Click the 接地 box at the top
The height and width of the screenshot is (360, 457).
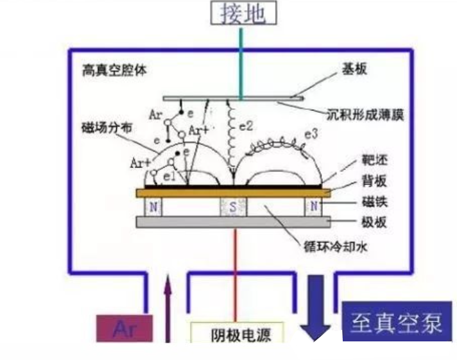243,13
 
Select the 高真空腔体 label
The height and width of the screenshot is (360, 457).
115,69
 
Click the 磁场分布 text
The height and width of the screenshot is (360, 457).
104,128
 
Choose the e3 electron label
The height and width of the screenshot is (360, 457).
311,134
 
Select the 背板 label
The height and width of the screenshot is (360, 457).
374,182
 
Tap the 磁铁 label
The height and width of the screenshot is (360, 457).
374,201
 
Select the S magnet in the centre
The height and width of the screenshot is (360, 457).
233,207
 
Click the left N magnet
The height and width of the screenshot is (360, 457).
153,207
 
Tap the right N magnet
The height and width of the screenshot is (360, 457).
313,207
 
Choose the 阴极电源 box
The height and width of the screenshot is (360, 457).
237,334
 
